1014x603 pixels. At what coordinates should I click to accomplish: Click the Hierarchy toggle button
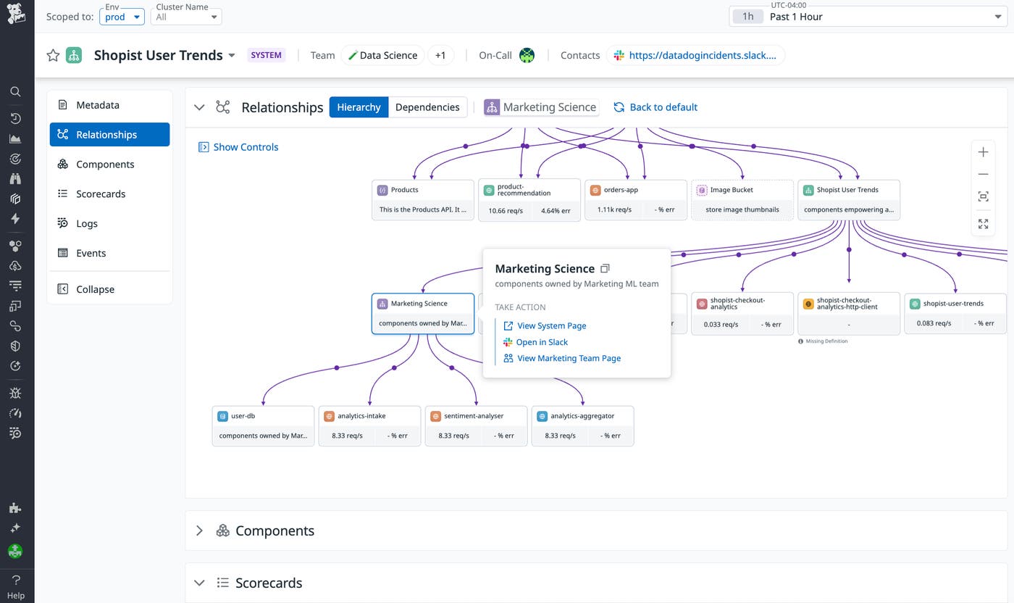point(359,107)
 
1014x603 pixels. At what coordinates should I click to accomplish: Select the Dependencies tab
point(427,107)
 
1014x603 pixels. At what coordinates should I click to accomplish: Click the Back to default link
point(655,107)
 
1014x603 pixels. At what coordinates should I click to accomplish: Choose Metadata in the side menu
point(97,105)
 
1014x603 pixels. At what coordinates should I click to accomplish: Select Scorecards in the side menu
point(101,194)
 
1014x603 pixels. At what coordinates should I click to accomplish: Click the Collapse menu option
point(95,289)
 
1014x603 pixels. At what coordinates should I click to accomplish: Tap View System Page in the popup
point(551,326)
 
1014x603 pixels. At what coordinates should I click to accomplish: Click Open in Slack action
point(542,342)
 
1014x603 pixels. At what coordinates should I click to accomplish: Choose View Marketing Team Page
point(569,358)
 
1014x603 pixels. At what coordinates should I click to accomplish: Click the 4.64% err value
point(556,210)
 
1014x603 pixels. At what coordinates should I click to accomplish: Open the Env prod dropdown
point(122,17)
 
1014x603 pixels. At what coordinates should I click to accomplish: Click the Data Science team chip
point(382,55)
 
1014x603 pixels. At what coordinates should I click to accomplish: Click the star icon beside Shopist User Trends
point(53,55)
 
